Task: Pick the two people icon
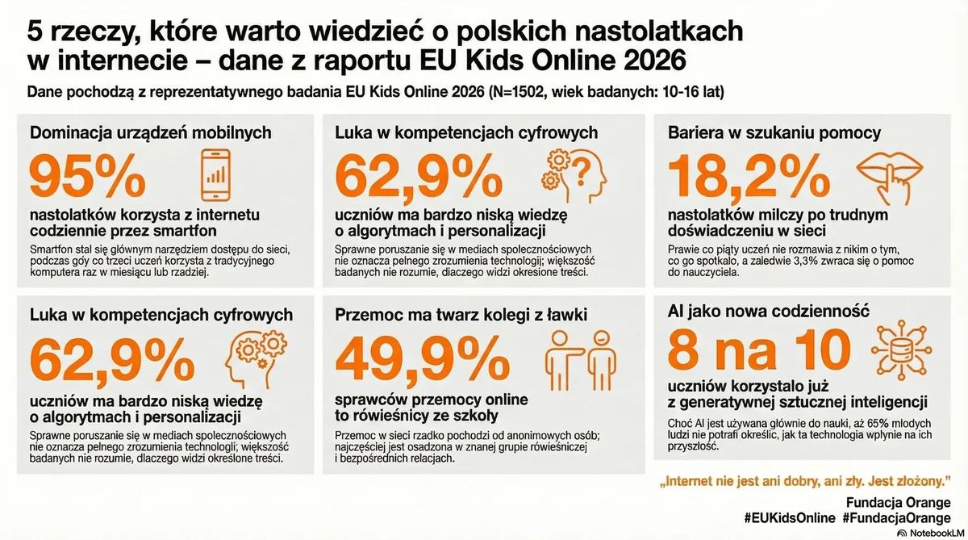pyautogui.click(x=575, y=356)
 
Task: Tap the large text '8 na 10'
pyautogui.click(x=759, y=350)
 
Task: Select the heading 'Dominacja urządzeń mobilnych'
pyautogui.click(x=150, y=132)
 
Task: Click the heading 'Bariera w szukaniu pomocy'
pyautogui.click(x=774, y=132)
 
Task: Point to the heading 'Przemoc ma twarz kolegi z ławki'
pyautogui.click(x=461, y=314)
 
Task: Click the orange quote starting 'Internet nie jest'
pyautogui.click(x=803, y=483)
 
